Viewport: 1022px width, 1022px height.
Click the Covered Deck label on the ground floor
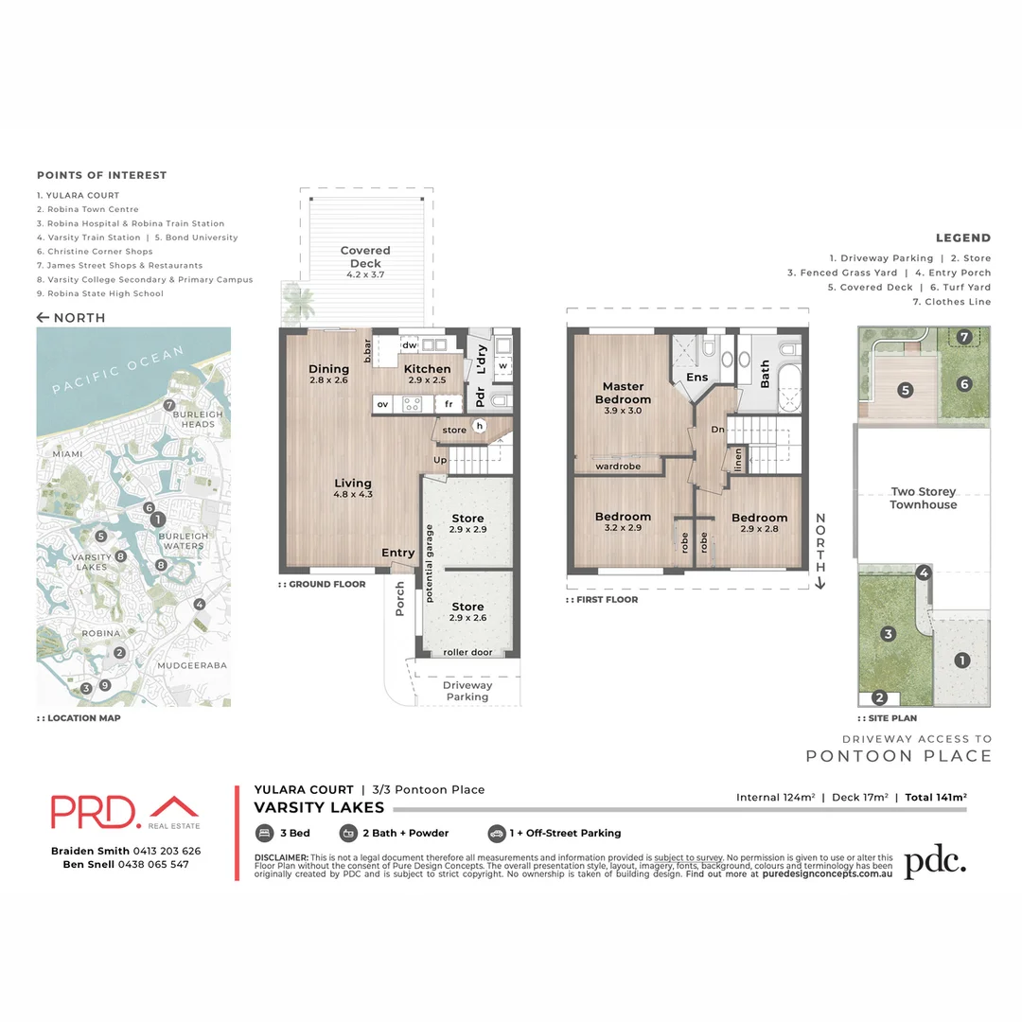pos(365,262)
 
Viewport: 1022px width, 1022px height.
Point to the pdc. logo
pos(935,862)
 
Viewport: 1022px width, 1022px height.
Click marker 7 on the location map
pos(169,406)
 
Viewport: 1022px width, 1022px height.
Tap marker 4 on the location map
pos(199,605)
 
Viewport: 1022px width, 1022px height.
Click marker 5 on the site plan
pos(905,389)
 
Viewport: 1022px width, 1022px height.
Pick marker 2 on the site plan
pos(879,698)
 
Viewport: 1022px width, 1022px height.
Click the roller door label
pos(467,653)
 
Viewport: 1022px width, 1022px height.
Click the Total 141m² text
pos(936,798)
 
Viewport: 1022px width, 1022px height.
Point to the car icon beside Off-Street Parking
pos(496,834)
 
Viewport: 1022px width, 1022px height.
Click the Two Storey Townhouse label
pos(923,498)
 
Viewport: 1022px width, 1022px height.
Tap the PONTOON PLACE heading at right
pos(899,756)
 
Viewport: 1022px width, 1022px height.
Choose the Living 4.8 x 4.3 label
pos(353,488)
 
